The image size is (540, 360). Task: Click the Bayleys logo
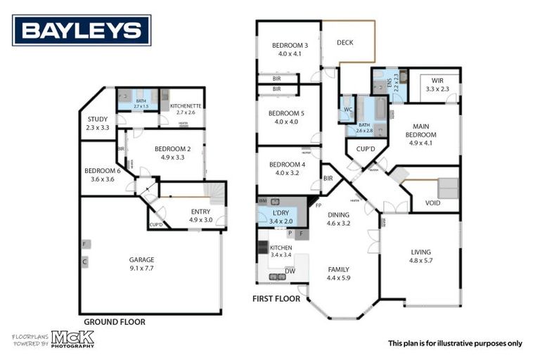tap(82, 30)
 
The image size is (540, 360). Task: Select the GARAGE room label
tap(141, 259)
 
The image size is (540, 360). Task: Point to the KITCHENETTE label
tap(186, 105)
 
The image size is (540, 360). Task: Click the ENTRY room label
tap(200, 211)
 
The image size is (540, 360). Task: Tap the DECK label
tap(345, 43)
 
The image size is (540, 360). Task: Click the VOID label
tap(433, 203)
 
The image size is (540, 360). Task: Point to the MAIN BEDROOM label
tap(422, 130)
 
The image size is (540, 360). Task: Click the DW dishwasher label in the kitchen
tap(290, 270)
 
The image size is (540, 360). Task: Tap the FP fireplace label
tap(318, 205)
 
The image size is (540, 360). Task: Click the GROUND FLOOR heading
tap(115, 322)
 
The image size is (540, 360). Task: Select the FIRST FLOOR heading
tap(276, 299)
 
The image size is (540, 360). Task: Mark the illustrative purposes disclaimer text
tap(455, 343)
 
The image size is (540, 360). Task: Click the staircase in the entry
tap(215, 191)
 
